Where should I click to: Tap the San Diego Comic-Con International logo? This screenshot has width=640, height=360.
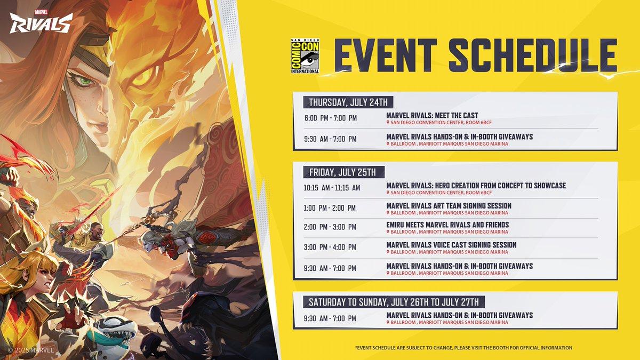click(305, 55)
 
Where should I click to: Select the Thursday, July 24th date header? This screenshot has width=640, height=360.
click(348, 102)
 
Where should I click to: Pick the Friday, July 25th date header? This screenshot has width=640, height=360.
click(342, 172)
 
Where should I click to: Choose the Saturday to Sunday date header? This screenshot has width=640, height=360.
click(394, 302)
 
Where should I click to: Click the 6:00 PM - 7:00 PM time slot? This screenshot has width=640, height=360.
click(331, 118)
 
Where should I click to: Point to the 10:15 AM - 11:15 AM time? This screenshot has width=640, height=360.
click(332, 188)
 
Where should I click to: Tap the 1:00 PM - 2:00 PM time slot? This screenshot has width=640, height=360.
click(330, 208)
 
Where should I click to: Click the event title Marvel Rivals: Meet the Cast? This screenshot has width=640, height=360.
click(432, 115)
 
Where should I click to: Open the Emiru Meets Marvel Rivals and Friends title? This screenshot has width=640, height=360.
click(447, 225)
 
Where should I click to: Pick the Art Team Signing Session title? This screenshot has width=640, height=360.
click(449, 206)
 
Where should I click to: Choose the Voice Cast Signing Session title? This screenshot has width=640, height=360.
click(451, 245)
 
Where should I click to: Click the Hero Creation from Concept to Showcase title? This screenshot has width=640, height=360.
click(476, 186)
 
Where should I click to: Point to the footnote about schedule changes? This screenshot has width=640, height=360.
click(463, 348)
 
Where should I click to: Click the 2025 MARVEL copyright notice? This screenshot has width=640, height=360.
click(31, 350)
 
